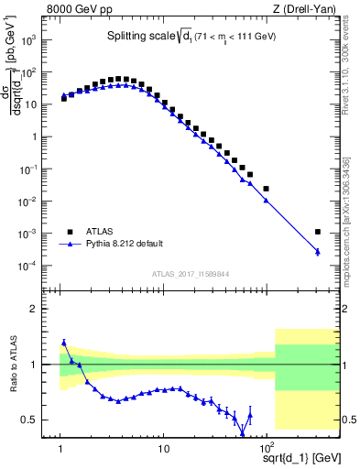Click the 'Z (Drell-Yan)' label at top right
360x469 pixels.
(309, 10)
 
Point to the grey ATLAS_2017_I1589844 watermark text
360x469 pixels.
(191, 272)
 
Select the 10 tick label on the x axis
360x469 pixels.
(163, 449)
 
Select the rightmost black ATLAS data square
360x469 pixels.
(318, 232)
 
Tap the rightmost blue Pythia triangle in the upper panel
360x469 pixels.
(318, 252)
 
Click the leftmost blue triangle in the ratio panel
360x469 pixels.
(63, 343)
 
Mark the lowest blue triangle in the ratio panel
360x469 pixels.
(243, 433)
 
